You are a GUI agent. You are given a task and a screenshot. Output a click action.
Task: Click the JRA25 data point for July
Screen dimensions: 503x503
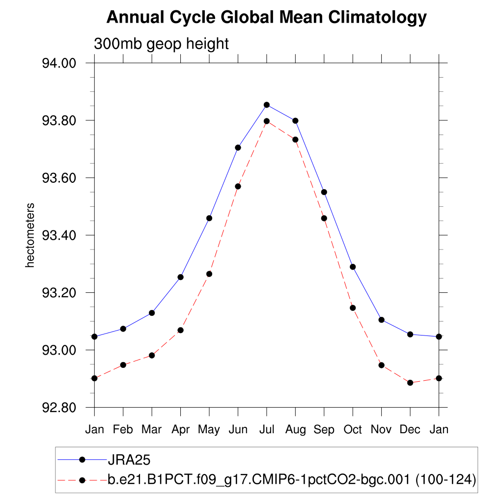click(267, 105)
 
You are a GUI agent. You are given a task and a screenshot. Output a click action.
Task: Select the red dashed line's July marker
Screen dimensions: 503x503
click(267, 121)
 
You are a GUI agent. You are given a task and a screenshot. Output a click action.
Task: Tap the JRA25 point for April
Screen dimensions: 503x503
click(181, 277)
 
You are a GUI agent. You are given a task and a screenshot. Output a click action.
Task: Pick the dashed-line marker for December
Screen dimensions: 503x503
click(410, 383)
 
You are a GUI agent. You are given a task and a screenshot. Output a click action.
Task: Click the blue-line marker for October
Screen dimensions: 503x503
click(353, 267)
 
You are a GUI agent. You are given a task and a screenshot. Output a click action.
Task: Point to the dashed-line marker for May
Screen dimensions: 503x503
click(209, 274)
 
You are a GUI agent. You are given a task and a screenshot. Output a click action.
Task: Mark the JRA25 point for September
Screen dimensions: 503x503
click(324, 192)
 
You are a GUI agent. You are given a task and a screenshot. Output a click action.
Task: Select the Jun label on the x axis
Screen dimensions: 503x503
click(238, 430)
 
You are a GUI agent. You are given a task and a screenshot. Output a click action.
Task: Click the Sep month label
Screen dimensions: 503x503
click(324, 430)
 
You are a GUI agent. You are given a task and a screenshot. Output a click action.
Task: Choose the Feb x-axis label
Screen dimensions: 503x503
click(123, 430)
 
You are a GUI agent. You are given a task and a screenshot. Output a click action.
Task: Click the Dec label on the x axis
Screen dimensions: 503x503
click(410, 430)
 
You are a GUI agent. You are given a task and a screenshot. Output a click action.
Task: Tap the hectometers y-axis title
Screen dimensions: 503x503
click(30, 235)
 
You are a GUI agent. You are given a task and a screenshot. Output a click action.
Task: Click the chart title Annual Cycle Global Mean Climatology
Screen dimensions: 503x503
click(266, 18)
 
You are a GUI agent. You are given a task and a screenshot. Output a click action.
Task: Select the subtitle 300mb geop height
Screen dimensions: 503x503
click(162, 44)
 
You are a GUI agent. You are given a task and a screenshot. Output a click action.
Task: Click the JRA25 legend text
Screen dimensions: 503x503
click(129, 460)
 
